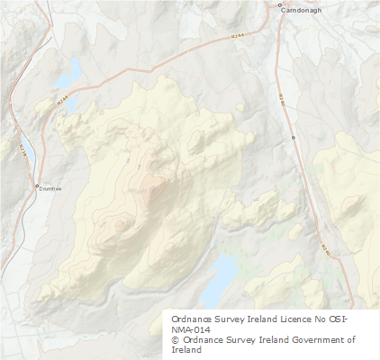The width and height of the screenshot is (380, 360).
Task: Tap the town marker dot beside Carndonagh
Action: click(x=281, y=6)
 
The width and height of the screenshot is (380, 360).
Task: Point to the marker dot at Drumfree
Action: click(x=37, y=186)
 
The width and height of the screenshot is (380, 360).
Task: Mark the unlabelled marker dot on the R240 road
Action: click(x=294, y=137)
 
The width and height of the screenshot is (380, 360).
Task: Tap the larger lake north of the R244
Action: click(x=68, y=71)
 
